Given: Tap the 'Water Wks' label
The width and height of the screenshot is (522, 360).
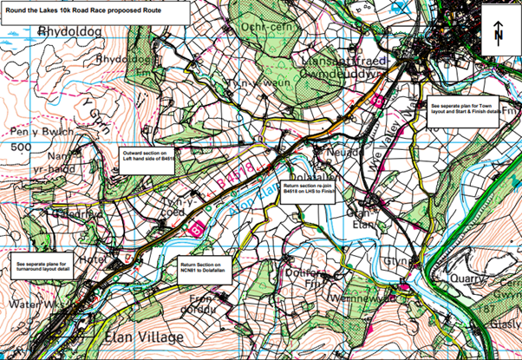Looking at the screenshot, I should [33, 305].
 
